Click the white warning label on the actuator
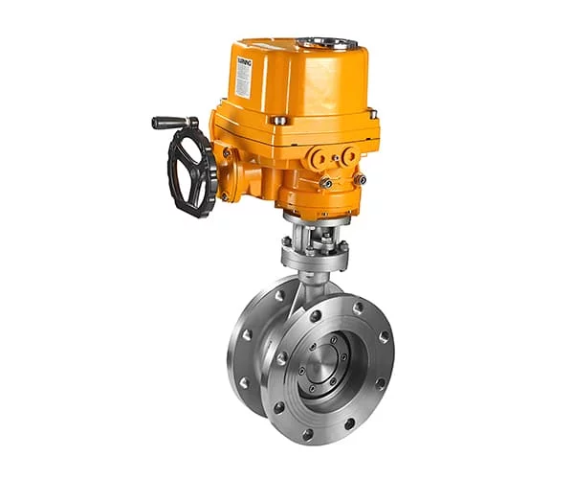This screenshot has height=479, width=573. tap(243, 74)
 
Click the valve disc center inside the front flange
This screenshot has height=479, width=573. tap(326, 362)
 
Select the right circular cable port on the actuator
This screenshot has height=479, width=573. tap(349, 154)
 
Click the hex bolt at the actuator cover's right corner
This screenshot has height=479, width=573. tap(372, 113)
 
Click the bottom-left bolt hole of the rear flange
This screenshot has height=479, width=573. tap(247, 382)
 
